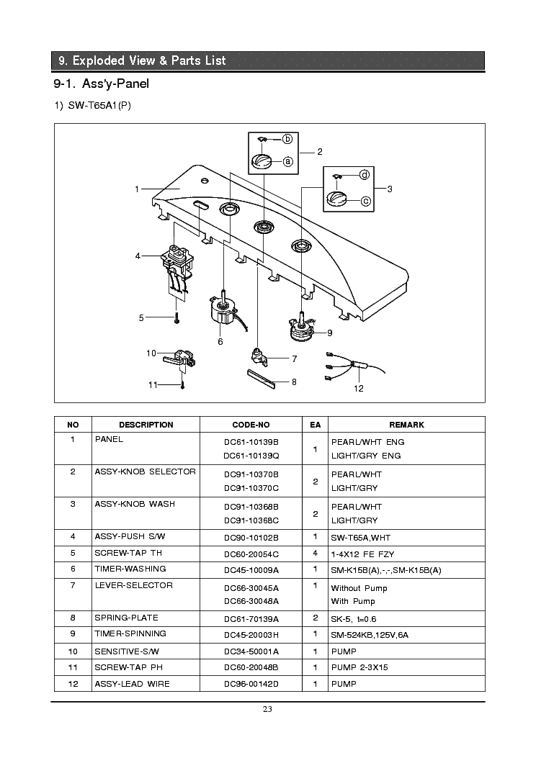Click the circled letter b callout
coord(287,139)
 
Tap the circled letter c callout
coord(366,201)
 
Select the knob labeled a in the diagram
coord(261,161)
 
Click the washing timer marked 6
coord(224,311)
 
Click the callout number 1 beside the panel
coord(136,189)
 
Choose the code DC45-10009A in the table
coord(251,569)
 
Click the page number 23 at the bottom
coord(267,709)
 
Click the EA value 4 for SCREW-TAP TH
coord(315,553)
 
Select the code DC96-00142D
coord(251,683)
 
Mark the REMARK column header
coord(406,425)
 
